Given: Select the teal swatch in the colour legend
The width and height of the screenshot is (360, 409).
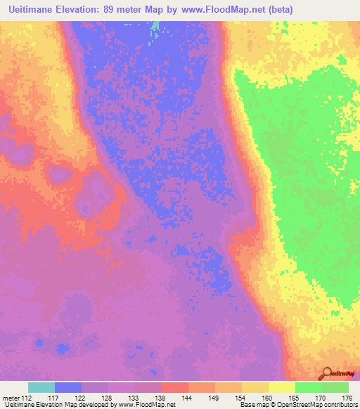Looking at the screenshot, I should pyautogui.click(x=41, y=387).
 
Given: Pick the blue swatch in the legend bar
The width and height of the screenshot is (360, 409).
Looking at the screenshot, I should pyautogui.click(x=68, y=387).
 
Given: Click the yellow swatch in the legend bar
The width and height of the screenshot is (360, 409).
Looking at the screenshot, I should pyautogui.click(x=282, y=387).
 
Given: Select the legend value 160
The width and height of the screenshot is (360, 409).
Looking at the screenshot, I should pyautogui.click(x=269, y=397).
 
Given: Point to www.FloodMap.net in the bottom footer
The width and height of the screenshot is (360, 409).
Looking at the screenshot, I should pyautogui.click(x=148, y=405).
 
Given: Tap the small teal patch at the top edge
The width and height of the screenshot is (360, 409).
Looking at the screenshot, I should pyautogui.click(x=155, y=27).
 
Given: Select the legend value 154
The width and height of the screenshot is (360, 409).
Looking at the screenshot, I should pyautogui.click(x=242, y=397).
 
